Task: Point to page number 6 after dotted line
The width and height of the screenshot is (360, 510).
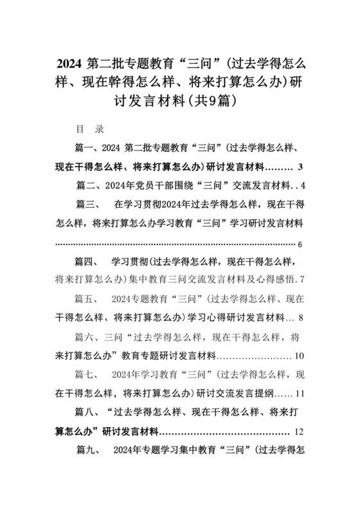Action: coord(301,244)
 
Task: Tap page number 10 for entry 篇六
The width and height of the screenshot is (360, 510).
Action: coord(298,356)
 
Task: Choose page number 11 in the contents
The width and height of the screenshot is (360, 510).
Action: coord(299,393)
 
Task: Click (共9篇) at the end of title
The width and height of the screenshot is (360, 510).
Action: coord(213,102)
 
